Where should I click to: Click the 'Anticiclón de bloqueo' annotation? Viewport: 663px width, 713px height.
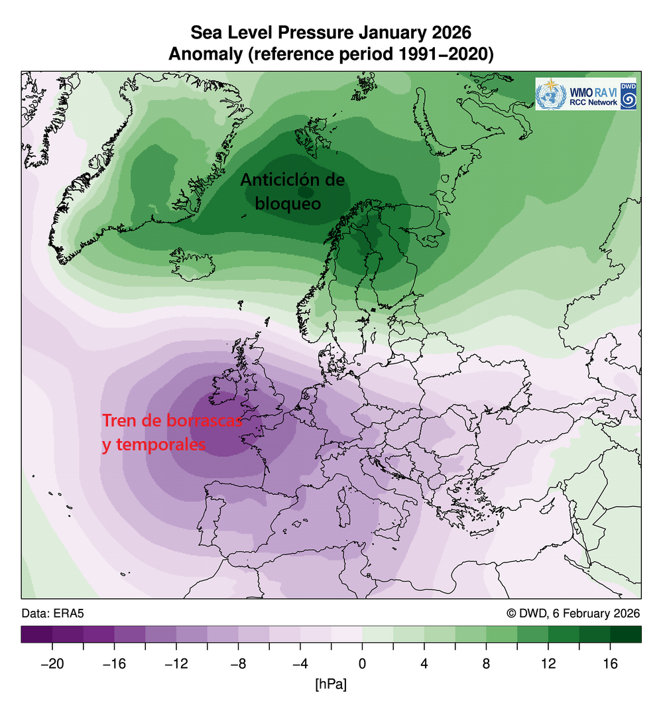click(292, 191)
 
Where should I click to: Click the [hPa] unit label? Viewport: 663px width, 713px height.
click(331, 684)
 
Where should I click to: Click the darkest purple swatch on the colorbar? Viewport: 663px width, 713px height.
click(36, 634)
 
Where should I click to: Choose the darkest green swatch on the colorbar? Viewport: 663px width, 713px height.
click(625, 634)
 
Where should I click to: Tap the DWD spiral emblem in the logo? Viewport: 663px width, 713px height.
click(629, 99)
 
